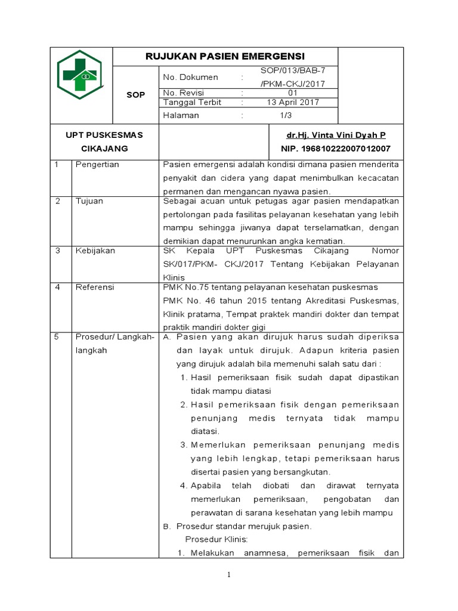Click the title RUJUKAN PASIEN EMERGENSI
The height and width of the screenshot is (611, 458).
coord(225,57)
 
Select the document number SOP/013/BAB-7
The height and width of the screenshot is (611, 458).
coord(293,70)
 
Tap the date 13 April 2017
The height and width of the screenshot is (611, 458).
coord(293,102)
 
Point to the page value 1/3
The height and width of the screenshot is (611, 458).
coord(293,115)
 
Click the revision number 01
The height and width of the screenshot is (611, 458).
coord(293,93)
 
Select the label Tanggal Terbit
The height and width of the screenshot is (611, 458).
coord(191,102)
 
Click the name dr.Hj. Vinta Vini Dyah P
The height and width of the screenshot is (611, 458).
coord(336,135)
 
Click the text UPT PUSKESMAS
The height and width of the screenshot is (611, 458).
coord(104,135)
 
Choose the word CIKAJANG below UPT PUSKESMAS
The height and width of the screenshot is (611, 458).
coord(104,148)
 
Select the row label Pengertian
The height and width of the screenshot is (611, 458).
coord(97,165)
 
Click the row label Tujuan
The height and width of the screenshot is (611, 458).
coord(89,201)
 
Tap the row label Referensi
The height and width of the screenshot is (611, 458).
coord(94,287)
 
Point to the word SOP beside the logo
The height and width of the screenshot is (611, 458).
coord(136,95)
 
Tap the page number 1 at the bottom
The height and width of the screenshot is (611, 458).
coord(228,575)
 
